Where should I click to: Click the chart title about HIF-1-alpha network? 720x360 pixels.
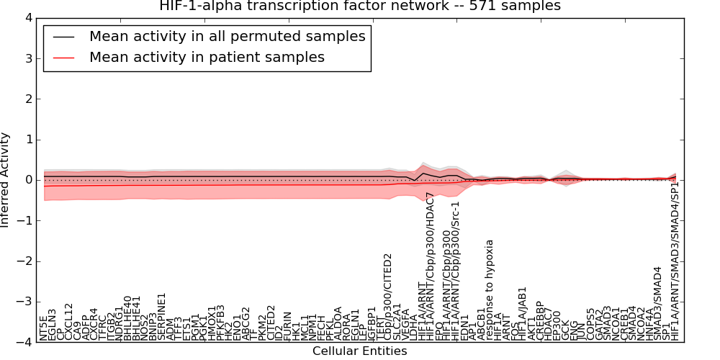pyautogui.click(x=360, y=6)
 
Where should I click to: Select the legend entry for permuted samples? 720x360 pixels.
pyautogui.click(x=227, y=36)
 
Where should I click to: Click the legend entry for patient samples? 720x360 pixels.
pyautogui.click(x=207, y=57)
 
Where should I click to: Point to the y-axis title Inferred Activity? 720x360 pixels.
pyautogui.click(x=6, y=180)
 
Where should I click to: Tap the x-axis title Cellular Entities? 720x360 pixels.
pyautogui.click(x=359, y=351)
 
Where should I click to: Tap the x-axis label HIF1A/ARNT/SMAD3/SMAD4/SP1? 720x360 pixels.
pyautogui.click(x=675, y=261)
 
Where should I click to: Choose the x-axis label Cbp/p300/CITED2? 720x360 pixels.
pyautogui.click(x=387, y=296)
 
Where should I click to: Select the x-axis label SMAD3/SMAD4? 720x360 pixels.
pyautogui.click(x=657, y=302)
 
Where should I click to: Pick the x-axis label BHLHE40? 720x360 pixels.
pyautogui.click(x=127, y=318)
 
